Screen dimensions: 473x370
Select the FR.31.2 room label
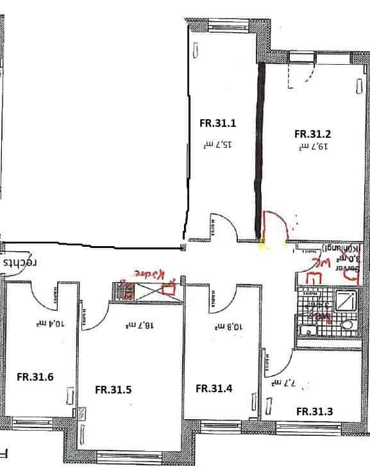[312, 134]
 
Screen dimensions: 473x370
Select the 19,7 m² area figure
[312, 147]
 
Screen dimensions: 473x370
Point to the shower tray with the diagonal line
[347, 301]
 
